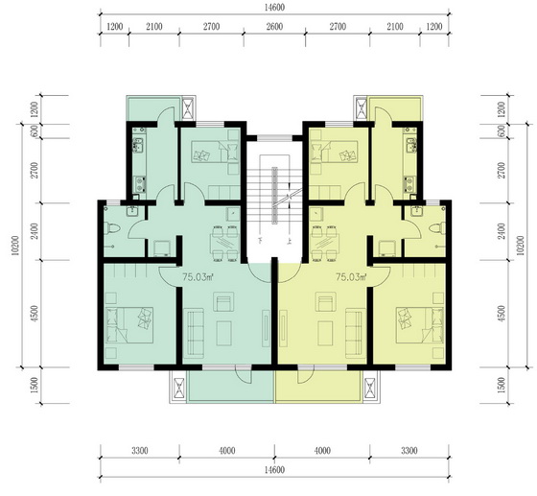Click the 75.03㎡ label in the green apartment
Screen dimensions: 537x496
coord(198,276)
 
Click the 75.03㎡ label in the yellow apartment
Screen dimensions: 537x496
coord(351,276)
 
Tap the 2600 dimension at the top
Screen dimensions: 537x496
coord(274,26)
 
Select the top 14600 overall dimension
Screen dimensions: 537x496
coord(274,7)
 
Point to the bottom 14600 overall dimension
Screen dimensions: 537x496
coord(274,470)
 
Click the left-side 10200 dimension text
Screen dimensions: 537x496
coord(15,246)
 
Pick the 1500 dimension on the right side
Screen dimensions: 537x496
coord(501,385)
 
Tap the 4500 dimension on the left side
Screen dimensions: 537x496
coord(35,314)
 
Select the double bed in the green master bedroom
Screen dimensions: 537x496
coord(129,324)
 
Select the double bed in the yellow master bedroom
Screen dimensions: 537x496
coord(420,324)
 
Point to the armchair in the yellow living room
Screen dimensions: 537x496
coord(324,301)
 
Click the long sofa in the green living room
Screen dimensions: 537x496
coord(194,332)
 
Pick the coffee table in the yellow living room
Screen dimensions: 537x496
coord(325,333)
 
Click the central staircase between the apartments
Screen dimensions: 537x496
coord(274,196)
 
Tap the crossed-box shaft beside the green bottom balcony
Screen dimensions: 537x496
coord(179,388)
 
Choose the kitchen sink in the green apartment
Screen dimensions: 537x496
coord(138,145)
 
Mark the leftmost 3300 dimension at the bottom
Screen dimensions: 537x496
coord(140,450)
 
